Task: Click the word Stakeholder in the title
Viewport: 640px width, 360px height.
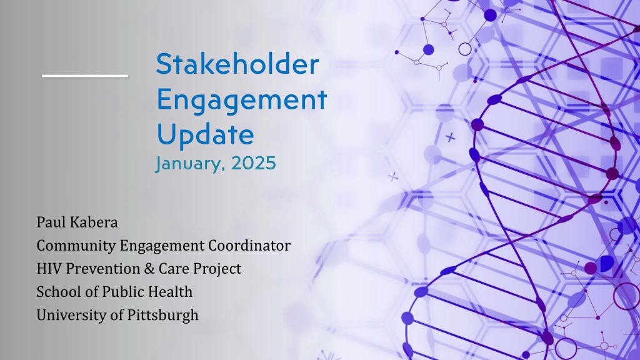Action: click(x=237, y=64)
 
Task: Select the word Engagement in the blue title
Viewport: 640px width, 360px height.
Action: click(x=242, y=100)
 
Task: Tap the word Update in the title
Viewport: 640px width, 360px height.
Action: click(x=205, y=134)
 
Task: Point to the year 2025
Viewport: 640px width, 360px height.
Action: click(x=254, y=163)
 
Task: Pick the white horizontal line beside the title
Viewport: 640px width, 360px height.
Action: click(x=85, y=76)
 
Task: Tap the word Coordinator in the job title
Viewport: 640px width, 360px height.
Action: click(x=249, y=245)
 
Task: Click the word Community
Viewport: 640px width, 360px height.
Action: click(x=76, y=246)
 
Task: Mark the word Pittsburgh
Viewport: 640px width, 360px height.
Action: click(x=163, y=316)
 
